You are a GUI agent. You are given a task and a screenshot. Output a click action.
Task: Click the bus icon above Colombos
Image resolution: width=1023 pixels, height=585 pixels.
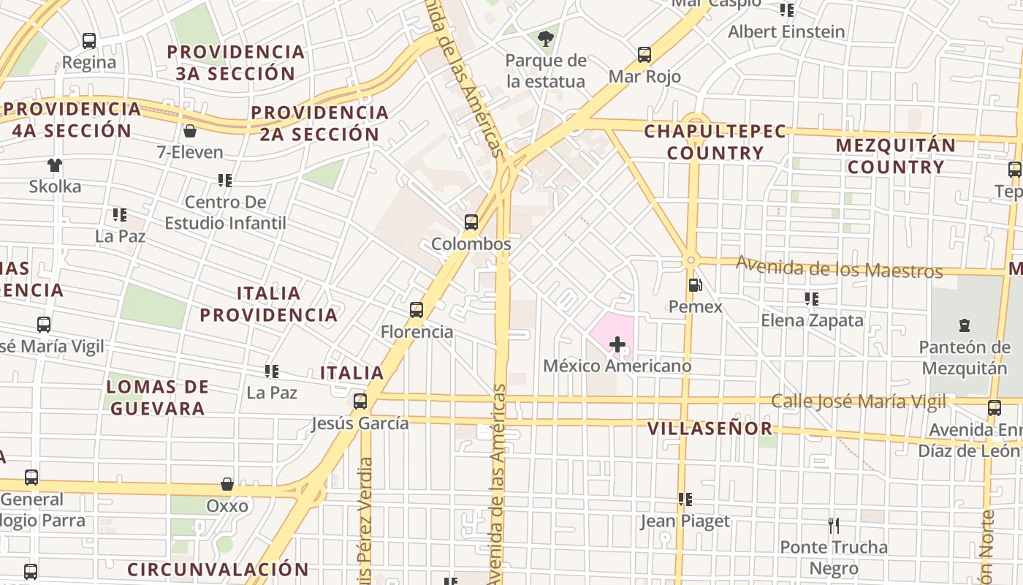pyautogui.click(x=471, y=222)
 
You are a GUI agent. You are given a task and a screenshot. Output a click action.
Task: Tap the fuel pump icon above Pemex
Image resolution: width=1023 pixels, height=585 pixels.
pyautogui.click(x=695, y=285)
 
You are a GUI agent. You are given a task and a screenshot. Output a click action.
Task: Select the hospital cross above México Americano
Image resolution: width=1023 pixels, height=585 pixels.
pyautogui.click(x=617, y=344)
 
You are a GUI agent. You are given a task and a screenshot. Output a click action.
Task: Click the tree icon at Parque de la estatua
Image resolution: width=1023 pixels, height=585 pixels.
pyautogui.click(x=545, y=38)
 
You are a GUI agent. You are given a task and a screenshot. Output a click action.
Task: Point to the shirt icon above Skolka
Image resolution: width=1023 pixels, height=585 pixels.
pyautogui.click(x=55, y=165)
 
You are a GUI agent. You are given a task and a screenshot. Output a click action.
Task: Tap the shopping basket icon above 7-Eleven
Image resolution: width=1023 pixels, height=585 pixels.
pyautogui.click(x=190, y=131)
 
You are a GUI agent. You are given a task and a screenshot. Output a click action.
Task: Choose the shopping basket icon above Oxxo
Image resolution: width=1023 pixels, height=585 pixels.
pyautogui.click(x=227, y=484)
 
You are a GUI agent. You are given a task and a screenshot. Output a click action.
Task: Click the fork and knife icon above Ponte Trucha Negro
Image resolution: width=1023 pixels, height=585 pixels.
pyautogui.click(x=833, y=525)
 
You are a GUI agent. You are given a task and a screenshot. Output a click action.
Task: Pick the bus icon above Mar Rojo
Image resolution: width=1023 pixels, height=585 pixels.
pyautogui.click(x=644, y=54)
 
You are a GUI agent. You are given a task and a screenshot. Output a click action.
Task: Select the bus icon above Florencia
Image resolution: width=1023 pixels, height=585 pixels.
pyautogui.click(x=417, y=310)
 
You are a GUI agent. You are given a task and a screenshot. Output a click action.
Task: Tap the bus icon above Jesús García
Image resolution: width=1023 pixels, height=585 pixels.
pyautogui.click(x=360, y=401)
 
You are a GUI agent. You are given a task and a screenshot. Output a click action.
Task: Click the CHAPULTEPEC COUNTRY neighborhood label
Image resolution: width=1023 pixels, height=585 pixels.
pyautogui.click(x=715, y=142)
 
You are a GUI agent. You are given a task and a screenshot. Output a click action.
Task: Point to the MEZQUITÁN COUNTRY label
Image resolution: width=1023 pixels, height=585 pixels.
pyautogui.click(x=896, y=156)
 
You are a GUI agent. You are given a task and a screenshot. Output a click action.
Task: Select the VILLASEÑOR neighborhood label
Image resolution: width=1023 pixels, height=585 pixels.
pyautogui.click(x=710, y=428)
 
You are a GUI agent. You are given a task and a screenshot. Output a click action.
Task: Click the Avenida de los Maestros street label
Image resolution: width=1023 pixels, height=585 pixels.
pyautogui.click(x=839, y=267)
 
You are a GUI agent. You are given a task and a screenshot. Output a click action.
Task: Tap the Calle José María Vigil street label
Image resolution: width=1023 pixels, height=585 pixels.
pyautogui.click(x=859, y=401)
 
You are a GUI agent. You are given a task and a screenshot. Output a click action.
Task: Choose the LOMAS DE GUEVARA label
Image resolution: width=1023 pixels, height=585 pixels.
pyautogui.click(x=157, y=397)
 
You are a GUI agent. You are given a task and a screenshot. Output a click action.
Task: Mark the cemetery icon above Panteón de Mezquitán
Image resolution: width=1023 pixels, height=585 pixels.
pyautogui.click(x=964, y=325)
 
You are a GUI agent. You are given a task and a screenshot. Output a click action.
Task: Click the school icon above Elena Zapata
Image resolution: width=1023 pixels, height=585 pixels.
pyautogui.click(x=811, y=298)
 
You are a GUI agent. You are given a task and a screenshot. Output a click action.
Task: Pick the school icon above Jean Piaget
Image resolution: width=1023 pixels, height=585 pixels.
pyautogui.click(x=685, y=499)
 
